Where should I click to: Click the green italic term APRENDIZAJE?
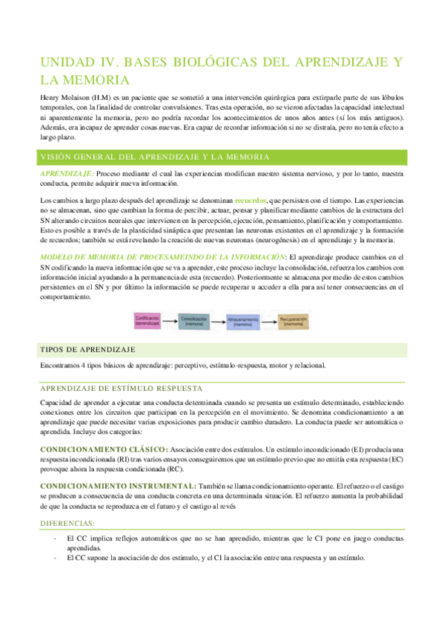[67, 173]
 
